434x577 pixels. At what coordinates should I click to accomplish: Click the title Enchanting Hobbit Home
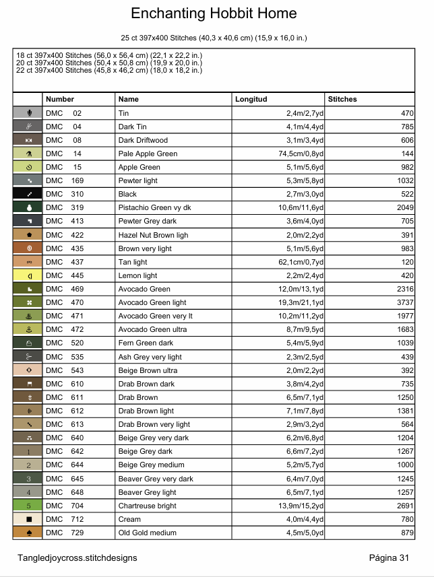point(214,14)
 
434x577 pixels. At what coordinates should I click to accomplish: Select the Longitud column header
point(251,99)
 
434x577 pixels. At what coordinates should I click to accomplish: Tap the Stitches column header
point(342,99)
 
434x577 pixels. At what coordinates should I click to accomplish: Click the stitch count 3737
point(402,303)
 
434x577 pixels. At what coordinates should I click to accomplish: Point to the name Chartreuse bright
point(147,506)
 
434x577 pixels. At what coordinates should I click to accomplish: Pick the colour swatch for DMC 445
point(28,275)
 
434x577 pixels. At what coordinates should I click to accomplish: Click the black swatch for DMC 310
point(28,194)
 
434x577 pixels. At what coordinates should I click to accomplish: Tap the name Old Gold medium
point(147,533)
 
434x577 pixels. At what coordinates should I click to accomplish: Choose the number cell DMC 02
point(63,113)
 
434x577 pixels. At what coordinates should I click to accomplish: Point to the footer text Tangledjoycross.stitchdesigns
point(77,557)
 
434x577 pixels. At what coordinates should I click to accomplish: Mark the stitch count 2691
point(402,506)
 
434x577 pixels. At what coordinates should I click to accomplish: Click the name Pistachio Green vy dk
point(154,207)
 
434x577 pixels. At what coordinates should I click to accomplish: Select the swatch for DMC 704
point(28,506)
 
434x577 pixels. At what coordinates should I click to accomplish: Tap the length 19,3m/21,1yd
point(301,303)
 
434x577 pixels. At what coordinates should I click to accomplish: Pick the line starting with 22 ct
point(109,70)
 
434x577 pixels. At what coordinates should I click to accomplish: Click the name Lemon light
point(137,275)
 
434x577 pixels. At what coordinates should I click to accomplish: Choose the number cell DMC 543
point(63,370)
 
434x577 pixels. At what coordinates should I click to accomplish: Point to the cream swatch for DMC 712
point(28,519)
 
